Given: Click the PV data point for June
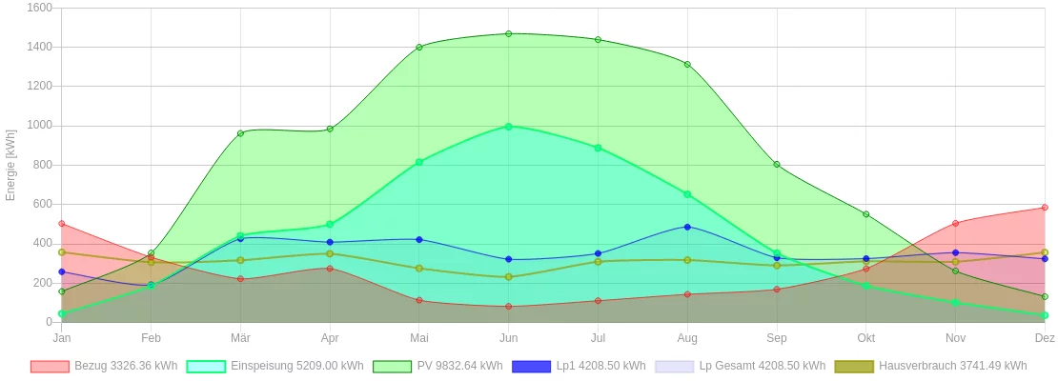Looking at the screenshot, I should click(x=508, y=33).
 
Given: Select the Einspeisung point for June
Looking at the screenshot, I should click(x=508, y=127).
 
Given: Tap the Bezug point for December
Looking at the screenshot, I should click(x=1045, y=208).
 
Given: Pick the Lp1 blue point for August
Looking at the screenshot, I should click(x=687, y=227).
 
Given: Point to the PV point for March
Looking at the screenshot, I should click(x=240, y=133).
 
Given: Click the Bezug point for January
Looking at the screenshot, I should click(x=62, y=224).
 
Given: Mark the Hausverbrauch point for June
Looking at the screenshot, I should click(x=508, y=277).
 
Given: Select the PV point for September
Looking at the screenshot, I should click(x=777, y=165).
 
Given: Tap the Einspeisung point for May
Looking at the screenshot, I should click(x=419, y=162).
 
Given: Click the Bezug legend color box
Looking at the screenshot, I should click(x=50, y=367).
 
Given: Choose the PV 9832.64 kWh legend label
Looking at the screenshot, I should click(x=459, y=366).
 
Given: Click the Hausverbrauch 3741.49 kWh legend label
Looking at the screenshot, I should click(x=953, y=366).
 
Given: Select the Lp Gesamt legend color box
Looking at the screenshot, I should click(x=674, y=367).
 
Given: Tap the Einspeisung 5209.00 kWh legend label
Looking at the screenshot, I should click(x=296, y=366).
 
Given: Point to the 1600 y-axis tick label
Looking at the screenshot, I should click(x=40, y=8).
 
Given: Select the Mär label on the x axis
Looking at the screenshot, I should click(x=240, y=338).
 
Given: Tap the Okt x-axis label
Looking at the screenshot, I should click(x=865, y=338).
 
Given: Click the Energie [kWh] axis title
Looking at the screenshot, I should click(x=11, y=165).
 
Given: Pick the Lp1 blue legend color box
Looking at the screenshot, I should click(x=531, y=367).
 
